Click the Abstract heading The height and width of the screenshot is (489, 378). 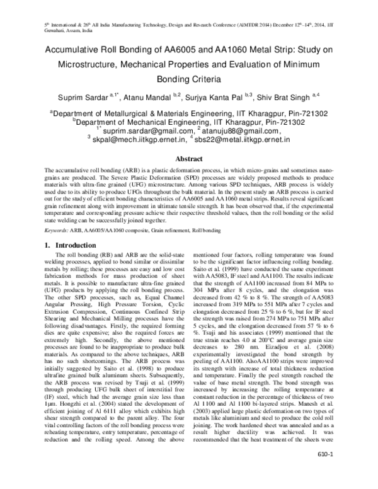click(188, 160)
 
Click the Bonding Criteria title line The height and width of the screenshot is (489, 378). click(188, 79)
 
